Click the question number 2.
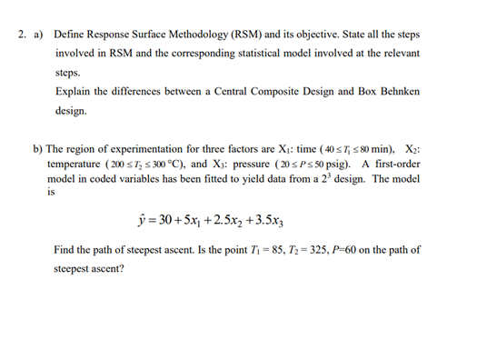pos(21,35)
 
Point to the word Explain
pos(75,92)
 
